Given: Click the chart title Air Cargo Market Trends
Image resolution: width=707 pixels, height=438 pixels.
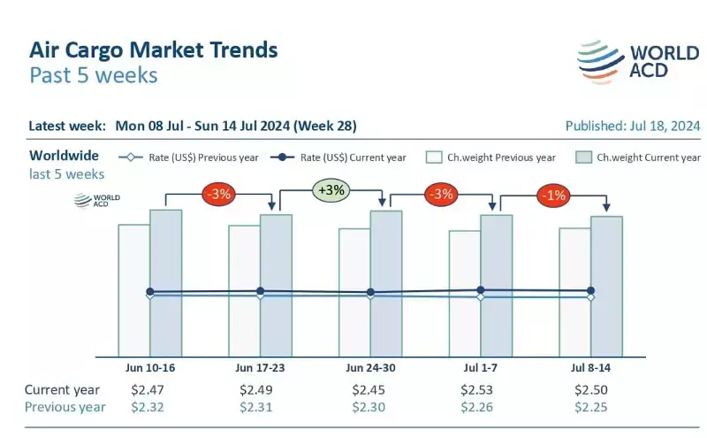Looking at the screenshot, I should click(x=154, y=49).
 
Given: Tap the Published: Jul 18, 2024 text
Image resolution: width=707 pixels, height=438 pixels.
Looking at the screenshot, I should click(x=633, y=126).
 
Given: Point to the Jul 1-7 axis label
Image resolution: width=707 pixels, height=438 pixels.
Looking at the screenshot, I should click(x=480, y=366).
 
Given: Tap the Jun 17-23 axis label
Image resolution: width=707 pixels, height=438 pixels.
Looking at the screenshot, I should click(x=260, y=366).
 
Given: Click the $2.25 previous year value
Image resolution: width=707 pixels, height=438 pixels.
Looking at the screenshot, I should click(x=589, y=407).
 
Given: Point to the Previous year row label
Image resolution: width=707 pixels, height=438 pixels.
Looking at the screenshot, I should click(x=65, y=407).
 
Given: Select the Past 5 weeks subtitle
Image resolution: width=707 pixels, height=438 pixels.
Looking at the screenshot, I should click(x=94, y=75).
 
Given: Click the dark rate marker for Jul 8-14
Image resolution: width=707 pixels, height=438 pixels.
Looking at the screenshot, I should click(x=590, y=290).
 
